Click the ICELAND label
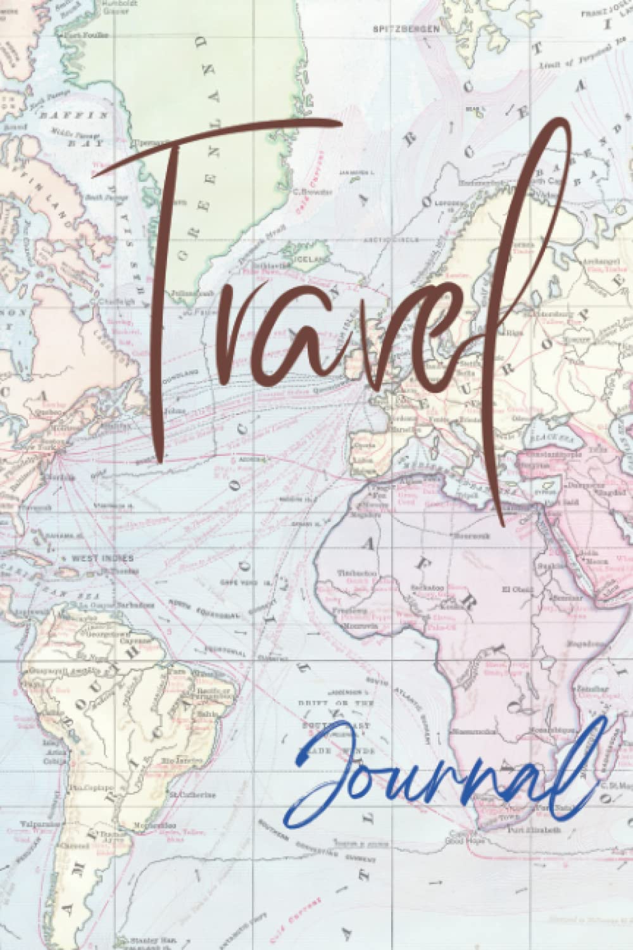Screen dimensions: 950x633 (x=315, y=260)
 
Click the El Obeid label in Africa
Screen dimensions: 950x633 (x=513, y=590)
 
